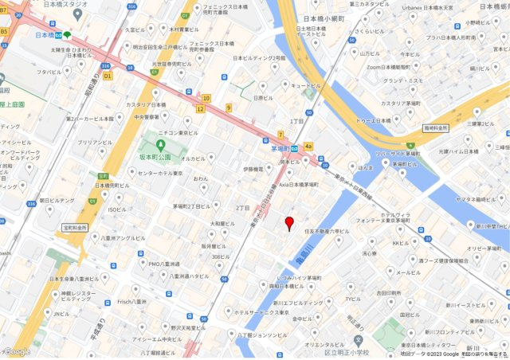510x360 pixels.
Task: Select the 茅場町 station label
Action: tap(279, 148)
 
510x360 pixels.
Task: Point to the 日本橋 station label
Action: tap(45, 35)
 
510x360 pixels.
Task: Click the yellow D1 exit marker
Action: tap(108, 76)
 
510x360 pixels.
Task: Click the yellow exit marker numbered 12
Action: tap(201, 108)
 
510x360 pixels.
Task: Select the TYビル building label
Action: tap(352, 299)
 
